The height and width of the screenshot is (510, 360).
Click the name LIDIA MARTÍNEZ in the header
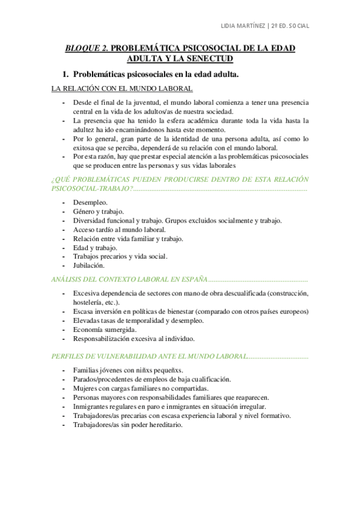pos(243,26)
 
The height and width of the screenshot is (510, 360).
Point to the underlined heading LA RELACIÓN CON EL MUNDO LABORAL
pos(122,89)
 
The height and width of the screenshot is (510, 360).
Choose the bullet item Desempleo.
pos(90,203)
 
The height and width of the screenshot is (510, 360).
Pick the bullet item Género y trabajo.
pos(98,212)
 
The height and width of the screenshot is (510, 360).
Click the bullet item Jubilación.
pos(89,265)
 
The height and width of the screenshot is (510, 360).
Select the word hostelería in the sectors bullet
pos(90,302)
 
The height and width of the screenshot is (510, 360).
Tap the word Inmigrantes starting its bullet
pos(93,406)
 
